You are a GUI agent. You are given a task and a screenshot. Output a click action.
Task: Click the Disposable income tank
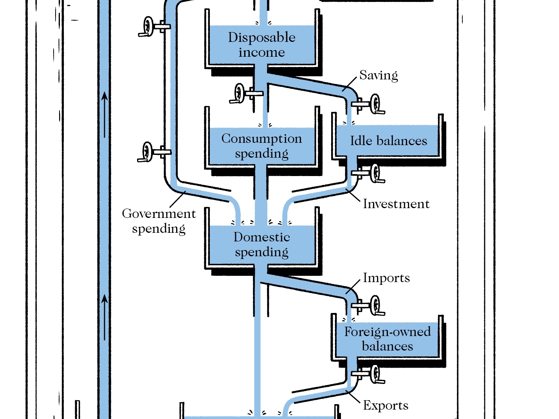tap(261, 45)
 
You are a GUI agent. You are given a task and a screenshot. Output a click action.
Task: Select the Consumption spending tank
tap(261, 146)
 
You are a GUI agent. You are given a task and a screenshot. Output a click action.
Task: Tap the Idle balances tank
tap(388, 140)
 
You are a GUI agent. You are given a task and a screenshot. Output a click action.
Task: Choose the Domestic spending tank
tap(261, 244)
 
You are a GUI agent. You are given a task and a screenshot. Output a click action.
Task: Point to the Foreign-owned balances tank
tap(388, 339)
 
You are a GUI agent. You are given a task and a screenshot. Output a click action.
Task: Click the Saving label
tap(379, 75)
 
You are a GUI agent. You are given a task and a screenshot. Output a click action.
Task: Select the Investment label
tap(396, 204)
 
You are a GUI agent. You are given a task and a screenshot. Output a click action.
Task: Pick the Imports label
tap(386, 278)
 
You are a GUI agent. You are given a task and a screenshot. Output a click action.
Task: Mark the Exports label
tap(386, 405)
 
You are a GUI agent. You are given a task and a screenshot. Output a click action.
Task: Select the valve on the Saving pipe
tap(374, 104)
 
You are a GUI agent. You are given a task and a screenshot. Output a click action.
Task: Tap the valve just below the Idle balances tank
tap(374, 173)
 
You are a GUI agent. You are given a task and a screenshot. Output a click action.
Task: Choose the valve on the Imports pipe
tap(374, 306)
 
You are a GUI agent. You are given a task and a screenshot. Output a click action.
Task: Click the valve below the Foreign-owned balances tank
tap(374, 374)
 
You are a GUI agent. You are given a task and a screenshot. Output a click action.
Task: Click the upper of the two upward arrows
tap(105, 113)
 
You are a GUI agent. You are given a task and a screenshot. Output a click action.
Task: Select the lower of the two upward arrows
tap(105, 317)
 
